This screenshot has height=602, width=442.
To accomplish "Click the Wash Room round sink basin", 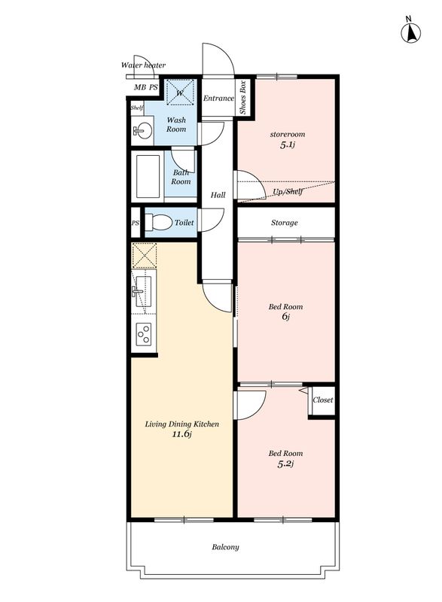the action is (142, 130).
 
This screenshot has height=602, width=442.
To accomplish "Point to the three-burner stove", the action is (144, 333).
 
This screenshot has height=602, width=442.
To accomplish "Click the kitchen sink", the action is (144, 291).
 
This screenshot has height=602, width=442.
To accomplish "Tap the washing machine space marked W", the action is (179, 92).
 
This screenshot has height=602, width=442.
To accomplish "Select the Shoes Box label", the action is (242, 98).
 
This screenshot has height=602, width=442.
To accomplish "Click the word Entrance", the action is (218, 99).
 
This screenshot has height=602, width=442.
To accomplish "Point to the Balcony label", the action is (225, 547).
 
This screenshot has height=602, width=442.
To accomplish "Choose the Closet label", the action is (322, 400).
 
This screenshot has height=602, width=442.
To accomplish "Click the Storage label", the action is (284, 223).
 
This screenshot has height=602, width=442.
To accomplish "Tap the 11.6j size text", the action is (181, 434).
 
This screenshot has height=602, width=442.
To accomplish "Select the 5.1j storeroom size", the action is (287, 144).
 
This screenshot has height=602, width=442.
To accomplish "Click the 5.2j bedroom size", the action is (285, 464).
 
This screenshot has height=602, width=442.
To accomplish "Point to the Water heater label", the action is (143, 65).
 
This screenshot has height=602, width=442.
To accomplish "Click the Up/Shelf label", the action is (288, 191).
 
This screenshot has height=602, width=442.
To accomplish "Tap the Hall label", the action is (218, 195).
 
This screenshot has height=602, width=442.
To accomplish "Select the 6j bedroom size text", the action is (285, 317).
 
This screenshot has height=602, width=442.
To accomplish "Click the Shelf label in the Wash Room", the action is (137, 108).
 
